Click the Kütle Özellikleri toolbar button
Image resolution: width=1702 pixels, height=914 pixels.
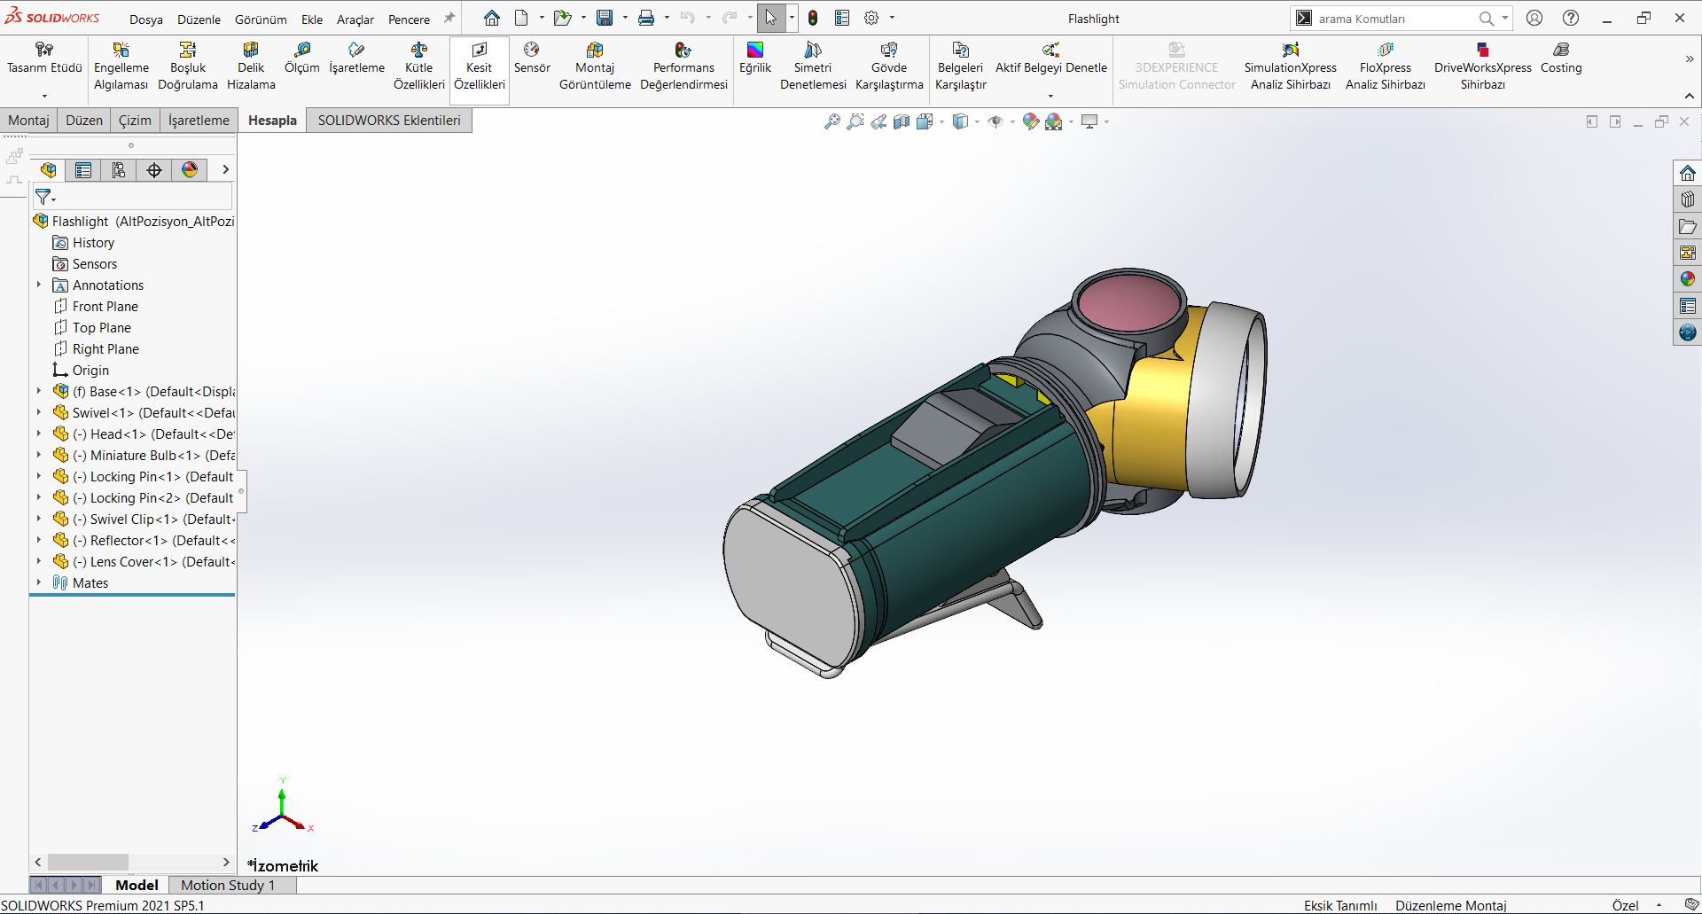[x=418, y=66]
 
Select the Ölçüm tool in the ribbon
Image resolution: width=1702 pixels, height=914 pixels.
[x=301, y=58]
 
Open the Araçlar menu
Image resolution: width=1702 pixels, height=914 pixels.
[x=355, y=19]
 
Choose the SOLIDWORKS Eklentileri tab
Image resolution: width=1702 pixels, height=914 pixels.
[x=389, y=121]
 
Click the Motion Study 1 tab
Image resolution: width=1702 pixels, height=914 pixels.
[x=228, y=885]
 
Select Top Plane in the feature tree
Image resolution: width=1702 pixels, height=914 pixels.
[x=101, y=328]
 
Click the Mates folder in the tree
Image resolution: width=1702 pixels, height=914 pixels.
[x=90, y=583]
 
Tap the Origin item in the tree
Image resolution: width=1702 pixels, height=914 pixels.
[x=90, y=371]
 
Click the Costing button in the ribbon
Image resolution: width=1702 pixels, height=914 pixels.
[x=1560, y=58]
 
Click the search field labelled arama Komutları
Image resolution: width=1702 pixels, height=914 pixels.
[x=1392, y=19]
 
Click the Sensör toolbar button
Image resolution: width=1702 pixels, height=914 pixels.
[x=532, y=58]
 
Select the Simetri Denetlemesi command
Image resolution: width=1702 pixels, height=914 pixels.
[x=813, y=66]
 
